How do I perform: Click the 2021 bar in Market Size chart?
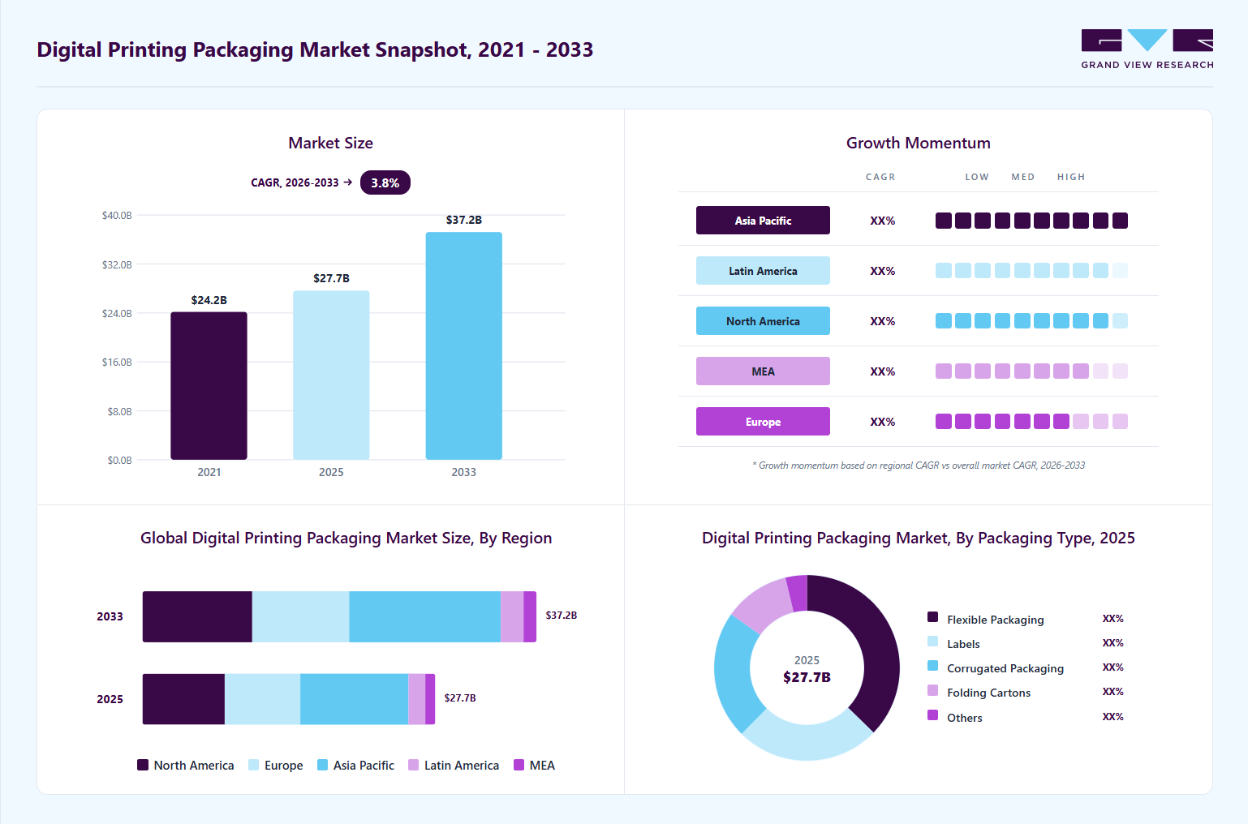click(209, 386)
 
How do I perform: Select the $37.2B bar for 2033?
click(463, 345)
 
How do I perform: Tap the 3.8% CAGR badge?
click(385, 182)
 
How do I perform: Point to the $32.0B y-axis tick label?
click(117, 264)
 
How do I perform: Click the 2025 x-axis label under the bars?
click(331, 472)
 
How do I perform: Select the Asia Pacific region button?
click(763, 221)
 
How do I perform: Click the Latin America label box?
click(763, 271)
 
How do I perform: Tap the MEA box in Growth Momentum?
click(763, 371)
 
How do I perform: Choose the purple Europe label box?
click(763, 422)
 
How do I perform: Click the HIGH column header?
click(1071, 177)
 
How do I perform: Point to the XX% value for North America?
click(883, 321)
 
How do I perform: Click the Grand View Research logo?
click(1147, 49)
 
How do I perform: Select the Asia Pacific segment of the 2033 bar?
click(425, 617)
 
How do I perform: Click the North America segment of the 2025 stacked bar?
click(184, 699)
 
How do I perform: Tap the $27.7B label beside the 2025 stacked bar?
click(459, 698)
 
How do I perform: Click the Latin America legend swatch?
click(413, 765)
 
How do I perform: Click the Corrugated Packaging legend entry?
click(996, 667)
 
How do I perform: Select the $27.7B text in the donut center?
click(807, 677)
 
